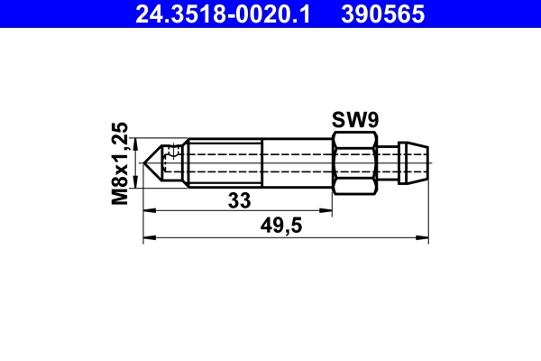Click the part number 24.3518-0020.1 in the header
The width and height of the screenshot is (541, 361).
click(x=223, y=14)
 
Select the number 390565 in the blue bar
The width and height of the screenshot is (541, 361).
click(x=392, y=14)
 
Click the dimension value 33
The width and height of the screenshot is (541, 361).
click(x=238, y=200)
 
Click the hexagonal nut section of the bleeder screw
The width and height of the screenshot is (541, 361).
click(x=354, y=163)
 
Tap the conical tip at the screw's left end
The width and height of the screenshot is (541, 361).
click(x=155, y=163)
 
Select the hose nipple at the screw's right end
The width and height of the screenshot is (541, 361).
click(x=416, y=163)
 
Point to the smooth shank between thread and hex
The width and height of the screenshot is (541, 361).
click(x=297, y=163)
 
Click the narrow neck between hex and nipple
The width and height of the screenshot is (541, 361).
click(x=388, y=163)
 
